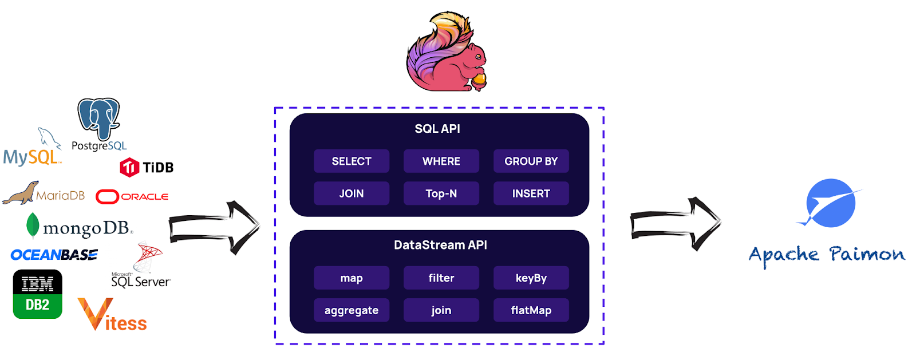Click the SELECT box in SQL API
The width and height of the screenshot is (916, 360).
352,161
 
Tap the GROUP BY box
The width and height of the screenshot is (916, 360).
531,161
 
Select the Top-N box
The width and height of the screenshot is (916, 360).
441,193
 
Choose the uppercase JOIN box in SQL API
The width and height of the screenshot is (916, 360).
352,193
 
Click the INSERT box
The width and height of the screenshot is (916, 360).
531,193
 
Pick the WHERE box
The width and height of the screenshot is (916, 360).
441,161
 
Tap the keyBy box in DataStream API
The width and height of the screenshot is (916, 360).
531,278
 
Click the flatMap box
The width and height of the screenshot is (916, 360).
531,310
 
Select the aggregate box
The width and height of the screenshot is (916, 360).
352,310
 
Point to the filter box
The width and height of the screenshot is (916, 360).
441,278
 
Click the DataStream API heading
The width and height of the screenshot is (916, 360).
440,245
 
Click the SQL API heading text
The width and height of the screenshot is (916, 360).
437,129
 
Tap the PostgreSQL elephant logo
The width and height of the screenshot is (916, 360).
98,118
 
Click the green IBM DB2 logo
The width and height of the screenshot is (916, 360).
37,294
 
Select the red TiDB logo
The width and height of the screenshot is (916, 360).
129,167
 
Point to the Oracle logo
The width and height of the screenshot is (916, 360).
132,196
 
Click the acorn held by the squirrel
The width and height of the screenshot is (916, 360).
479,80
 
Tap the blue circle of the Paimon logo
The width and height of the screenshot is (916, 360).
831,203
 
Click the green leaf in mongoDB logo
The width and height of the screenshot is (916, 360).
33,225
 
